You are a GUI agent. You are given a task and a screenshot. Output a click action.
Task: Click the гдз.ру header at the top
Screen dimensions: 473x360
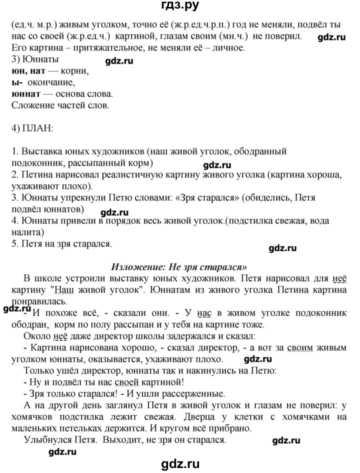(x=179, y=6)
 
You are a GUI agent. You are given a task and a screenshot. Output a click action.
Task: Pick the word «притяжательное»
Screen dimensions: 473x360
(x=93, y=48)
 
